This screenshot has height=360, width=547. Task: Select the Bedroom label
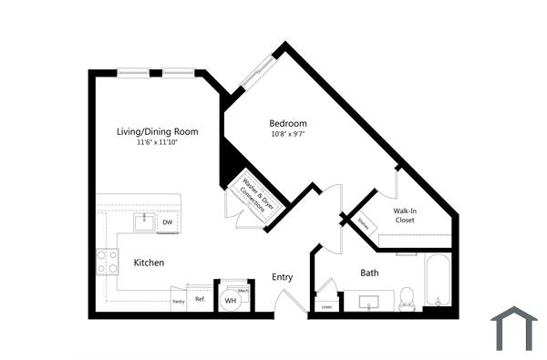(287, 124)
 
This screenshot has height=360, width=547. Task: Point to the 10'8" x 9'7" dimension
(287, 135)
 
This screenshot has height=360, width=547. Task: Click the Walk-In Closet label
(405, 215)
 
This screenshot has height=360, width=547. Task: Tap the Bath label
(369, 273)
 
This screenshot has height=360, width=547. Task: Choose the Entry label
(282, 278)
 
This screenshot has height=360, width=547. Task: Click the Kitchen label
(149, 262)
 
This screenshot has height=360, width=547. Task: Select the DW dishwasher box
(168, 222)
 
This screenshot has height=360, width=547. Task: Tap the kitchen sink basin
(144, 221)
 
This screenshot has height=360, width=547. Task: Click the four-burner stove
(108, 262)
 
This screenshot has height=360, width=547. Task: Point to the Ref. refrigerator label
(200, 299)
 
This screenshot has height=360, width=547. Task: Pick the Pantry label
(179, 301)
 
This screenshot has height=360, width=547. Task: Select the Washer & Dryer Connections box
(253, 194)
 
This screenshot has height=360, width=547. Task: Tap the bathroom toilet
(408, 297)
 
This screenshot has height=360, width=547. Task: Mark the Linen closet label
(327, 307)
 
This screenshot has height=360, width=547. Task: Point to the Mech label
(243, 290)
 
